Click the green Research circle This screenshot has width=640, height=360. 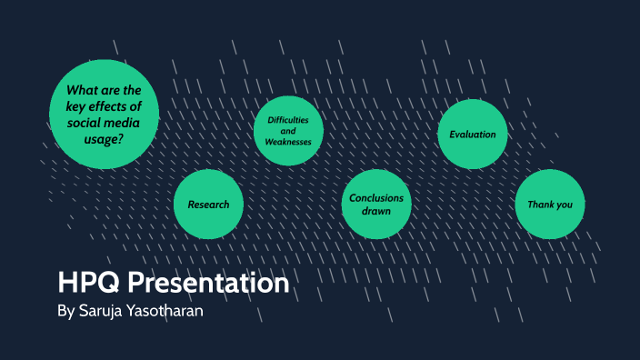208,205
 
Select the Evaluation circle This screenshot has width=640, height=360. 473,135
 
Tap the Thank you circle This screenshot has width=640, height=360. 550,205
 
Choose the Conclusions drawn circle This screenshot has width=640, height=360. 376,205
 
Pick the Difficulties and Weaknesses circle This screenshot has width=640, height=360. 288,132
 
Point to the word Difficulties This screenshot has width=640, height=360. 289,121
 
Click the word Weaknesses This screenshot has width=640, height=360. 288,143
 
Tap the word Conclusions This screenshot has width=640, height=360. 376,198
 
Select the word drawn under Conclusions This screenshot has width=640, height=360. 376,211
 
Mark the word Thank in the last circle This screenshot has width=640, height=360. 540,205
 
